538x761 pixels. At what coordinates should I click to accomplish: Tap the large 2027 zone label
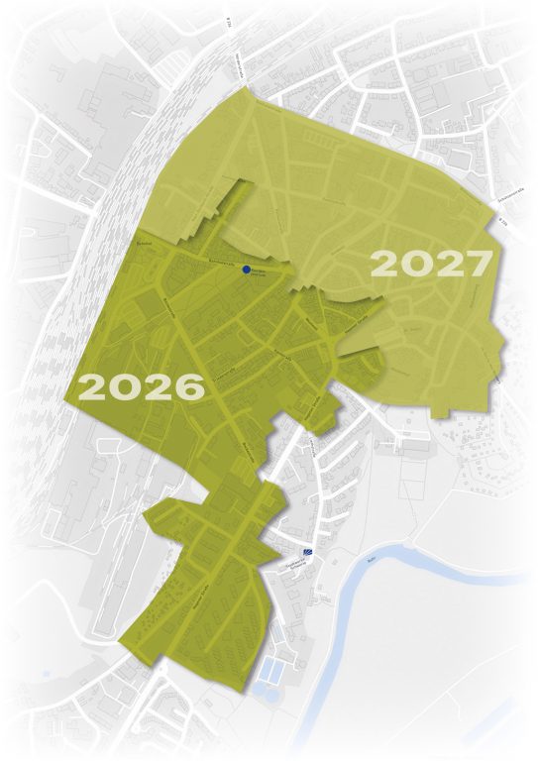(x=431, y=264)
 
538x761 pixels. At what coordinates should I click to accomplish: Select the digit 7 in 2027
(x=478, y=264)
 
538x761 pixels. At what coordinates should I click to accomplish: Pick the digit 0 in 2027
(x=417, y=264)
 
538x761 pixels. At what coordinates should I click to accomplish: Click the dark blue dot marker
(x=246, y=269)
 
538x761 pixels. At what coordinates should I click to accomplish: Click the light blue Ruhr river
(x=396, y=585)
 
